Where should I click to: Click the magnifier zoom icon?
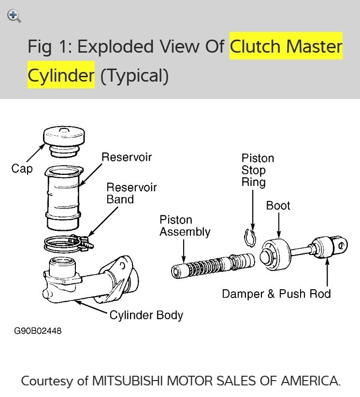pyautogui.click(x=14, y=16)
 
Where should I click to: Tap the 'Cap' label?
pyautogui.click(x=22, y=169)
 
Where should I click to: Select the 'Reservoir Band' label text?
pyautogui.click(x=131, y=193)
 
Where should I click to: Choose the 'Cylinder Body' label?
pyautogui.click(x=146, y=315)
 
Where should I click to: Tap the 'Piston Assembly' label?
pyautogui.click(x=185, y=226)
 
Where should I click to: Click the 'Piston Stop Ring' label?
pyautogui.click(x=258, y=170)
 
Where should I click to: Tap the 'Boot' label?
pyautogui.click(x=278, y=206)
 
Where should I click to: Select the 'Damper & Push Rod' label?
pyautogui.click(x=276, y=294)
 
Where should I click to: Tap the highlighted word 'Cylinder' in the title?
pyautogui.click(x=60, y=75)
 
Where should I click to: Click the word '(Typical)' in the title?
pyautogui.click(x=134, y=75)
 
